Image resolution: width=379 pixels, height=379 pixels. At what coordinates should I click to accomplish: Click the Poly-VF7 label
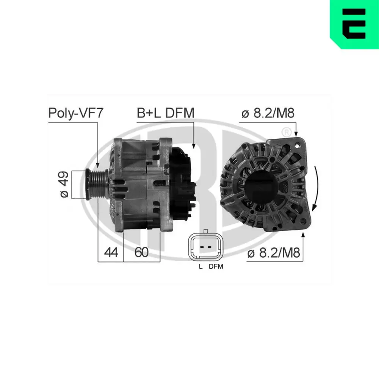[x=75, y=113]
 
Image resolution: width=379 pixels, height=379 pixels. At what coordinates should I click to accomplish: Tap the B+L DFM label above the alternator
[x=166, y=113]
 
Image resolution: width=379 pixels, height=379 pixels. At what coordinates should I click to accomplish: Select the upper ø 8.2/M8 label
[x=268, y=113]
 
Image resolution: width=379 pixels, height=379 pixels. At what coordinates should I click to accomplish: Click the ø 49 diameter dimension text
[x=64, y=184]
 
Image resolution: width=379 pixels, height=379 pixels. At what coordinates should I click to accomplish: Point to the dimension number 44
[x=110, y=252]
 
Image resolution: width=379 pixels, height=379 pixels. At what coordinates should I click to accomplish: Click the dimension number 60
[x=141, y=252]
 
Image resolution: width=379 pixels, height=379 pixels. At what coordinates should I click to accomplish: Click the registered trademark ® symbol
[x=287, y=132]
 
